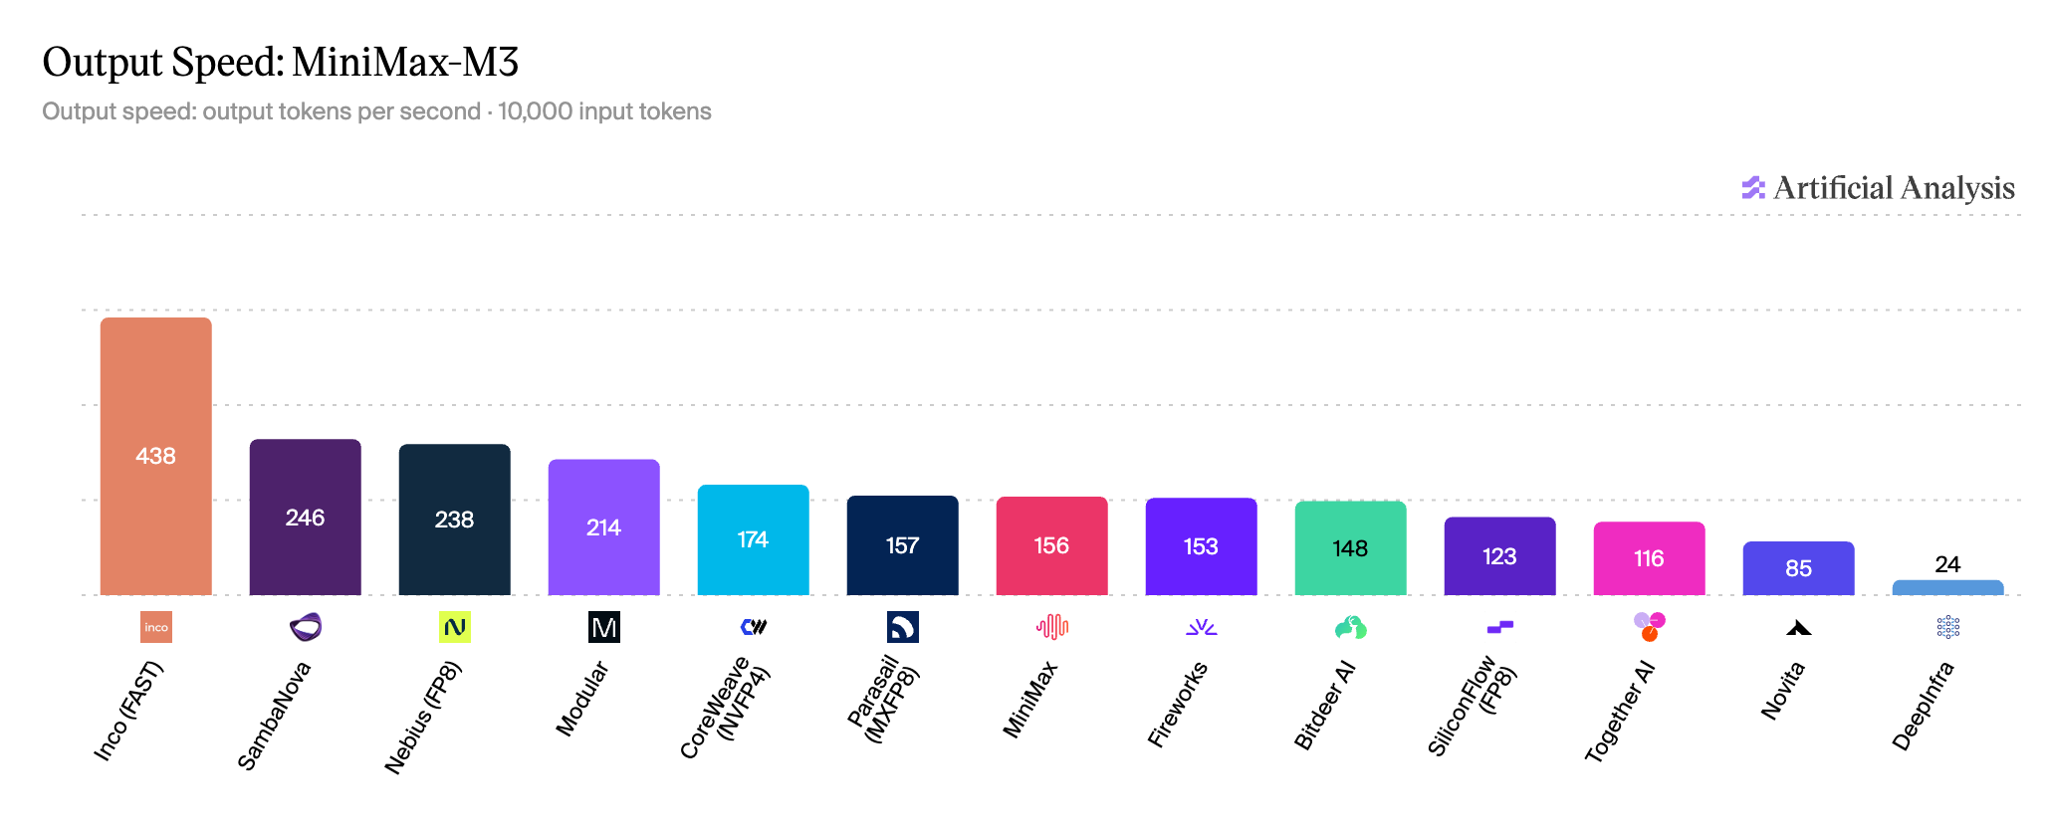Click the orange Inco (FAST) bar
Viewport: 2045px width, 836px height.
point(156,456)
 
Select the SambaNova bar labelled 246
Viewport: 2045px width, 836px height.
point(306,517)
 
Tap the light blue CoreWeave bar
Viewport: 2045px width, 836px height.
point(754,539)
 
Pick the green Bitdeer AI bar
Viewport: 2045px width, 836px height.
point(1351,548)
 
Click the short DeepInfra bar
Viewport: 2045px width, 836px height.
point(1948,587)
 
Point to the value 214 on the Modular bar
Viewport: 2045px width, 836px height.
point(604,527)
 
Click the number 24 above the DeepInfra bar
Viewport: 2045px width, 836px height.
point(1948,564)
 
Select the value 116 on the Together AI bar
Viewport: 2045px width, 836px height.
point(1650,558)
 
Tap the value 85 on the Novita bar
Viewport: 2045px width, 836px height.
point(1799,568)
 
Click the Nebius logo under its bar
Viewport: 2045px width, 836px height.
point(455,627)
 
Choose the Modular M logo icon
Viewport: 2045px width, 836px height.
point(604,627)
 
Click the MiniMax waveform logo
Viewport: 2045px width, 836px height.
point(1052,627)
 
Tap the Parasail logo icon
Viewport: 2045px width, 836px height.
point(903,627)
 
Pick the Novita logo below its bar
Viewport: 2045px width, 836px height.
point(1799,628)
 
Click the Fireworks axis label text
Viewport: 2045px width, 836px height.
point(1178,704)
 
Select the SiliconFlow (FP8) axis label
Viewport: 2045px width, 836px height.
point(1473,705)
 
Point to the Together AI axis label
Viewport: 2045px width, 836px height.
point(1619,712)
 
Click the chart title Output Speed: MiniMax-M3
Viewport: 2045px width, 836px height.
point(281,62)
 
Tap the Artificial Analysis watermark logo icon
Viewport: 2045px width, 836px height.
point(1752,188)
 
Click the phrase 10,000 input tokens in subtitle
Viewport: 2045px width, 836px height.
point(604,111)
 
